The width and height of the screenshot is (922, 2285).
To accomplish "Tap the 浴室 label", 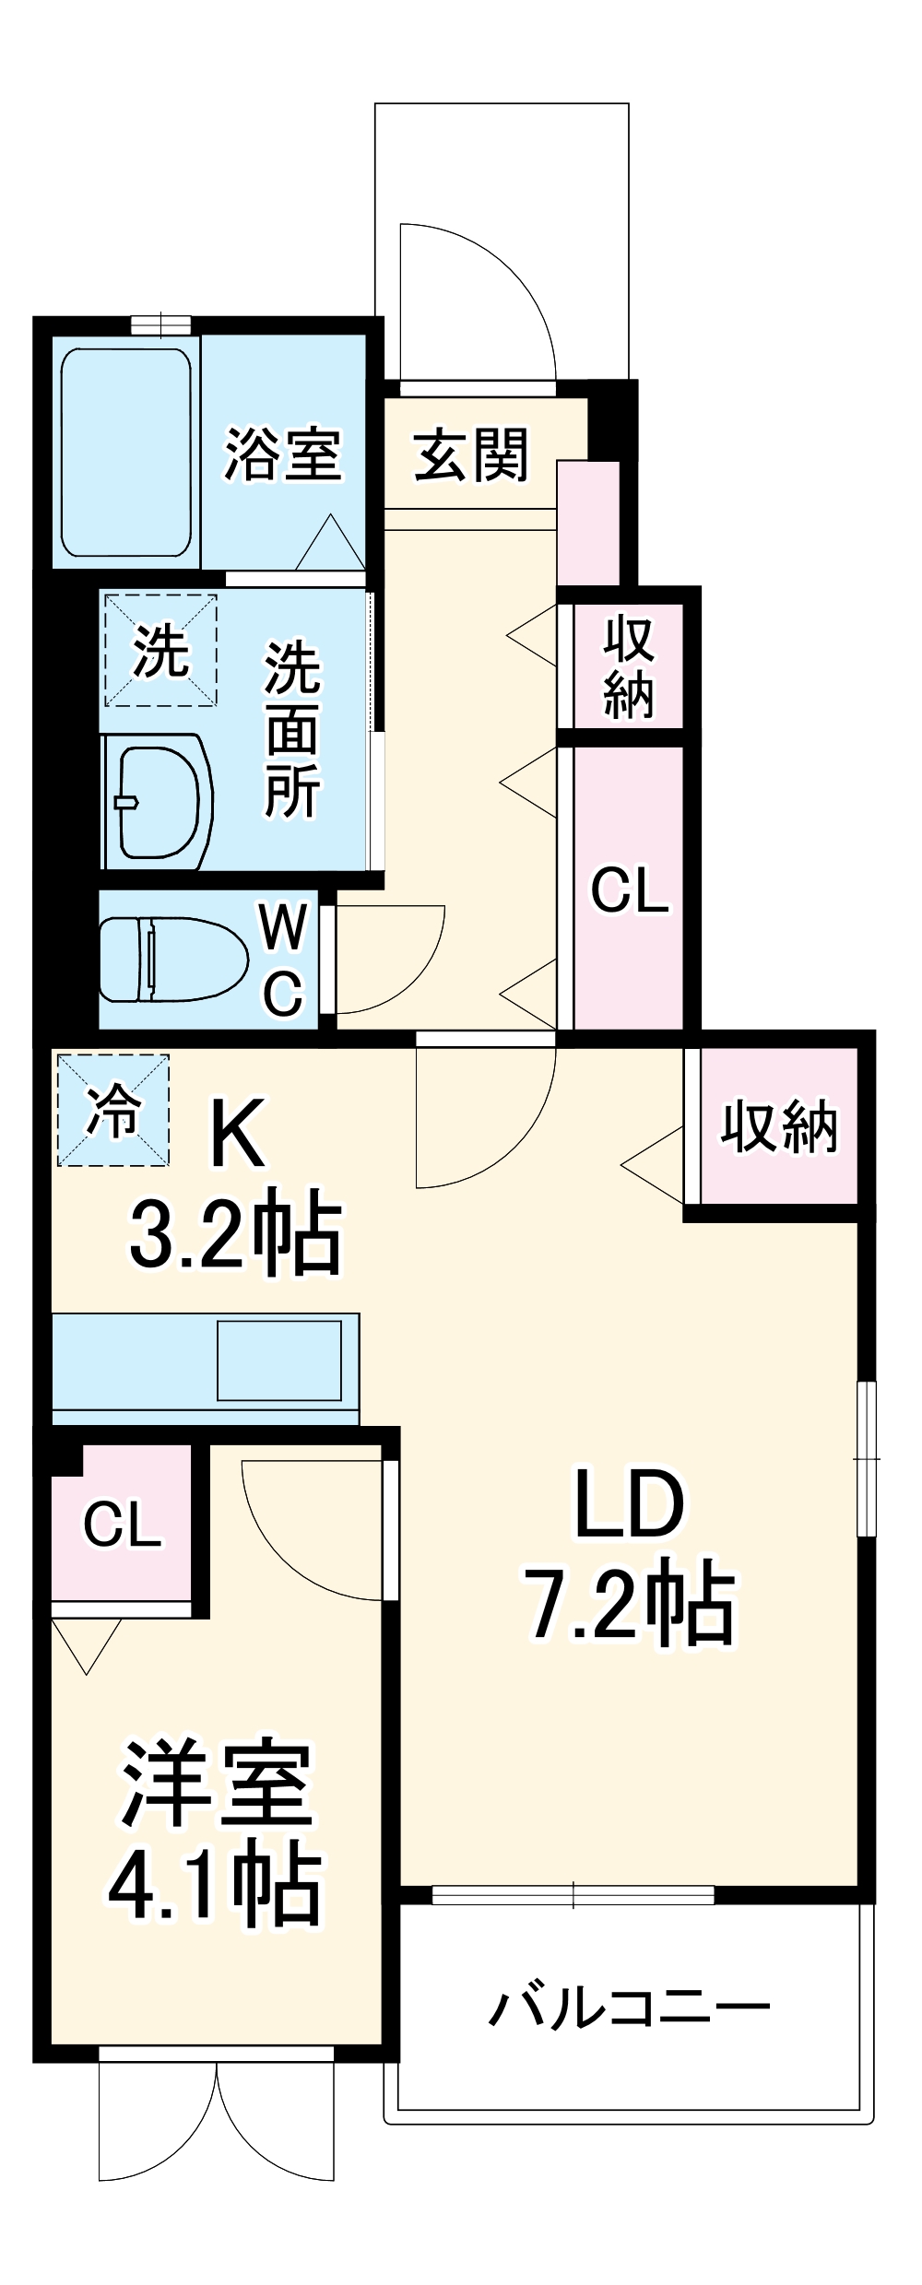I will [283, 453].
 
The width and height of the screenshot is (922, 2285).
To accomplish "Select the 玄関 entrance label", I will [471, 454].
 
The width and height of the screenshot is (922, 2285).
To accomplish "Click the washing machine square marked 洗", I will [160, 650].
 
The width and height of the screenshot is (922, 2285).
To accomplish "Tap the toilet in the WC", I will [173, 959].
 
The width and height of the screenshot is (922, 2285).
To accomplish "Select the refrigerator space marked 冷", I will [113, 1110].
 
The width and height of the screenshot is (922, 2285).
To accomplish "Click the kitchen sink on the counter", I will [278, 1360].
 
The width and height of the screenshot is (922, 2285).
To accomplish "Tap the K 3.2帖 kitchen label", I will [236, 1184].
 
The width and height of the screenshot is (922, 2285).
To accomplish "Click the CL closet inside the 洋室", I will [122, 1525].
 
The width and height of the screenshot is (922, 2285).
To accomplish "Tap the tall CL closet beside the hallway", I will [630, 889].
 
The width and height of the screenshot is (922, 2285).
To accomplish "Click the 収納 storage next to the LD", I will [779, 1125].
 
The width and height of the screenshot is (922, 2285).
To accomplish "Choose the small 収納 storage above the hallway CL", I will [629, 666].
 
